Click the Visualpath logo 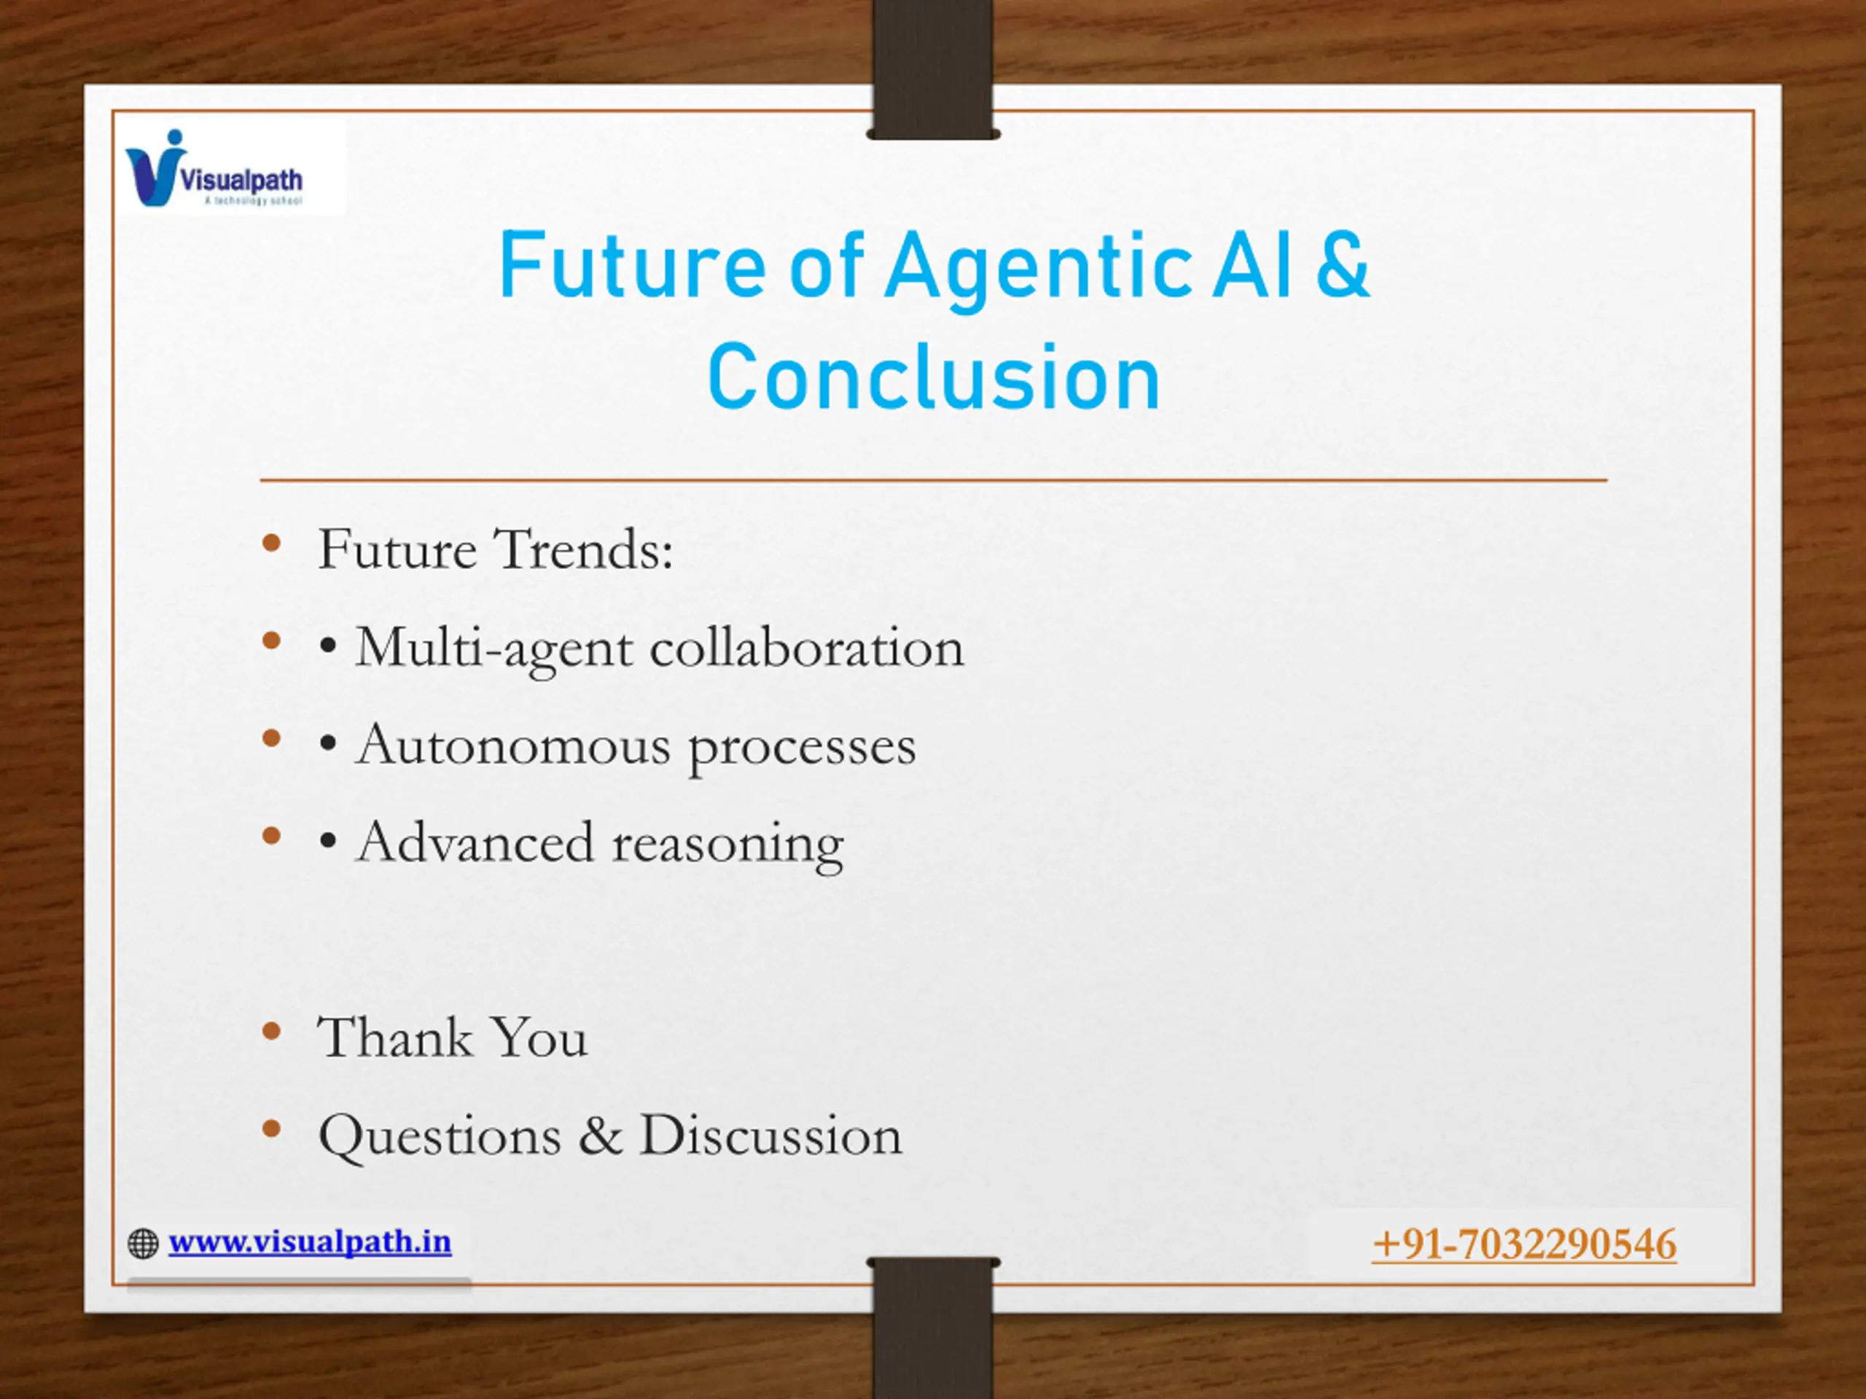214,168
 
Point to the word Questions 440,1136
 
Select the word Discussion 771,1135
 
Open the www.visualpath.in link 310,1242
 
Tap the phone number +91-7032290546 1524,1245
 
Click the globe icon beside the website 143,1244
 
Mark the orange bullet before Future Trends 271,543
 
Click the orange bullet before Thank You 271,1030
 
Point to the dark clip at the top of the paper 933,69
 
